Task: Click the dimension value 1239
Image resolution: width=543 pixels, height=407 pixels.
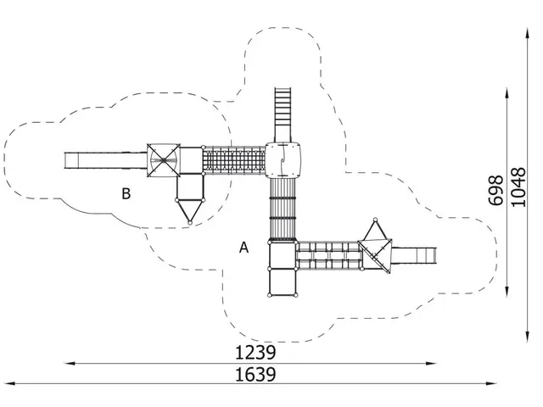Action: click(x=255, y=353)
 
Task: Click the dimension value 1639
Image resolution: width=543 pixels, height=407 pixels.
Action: click(x=255, y=375)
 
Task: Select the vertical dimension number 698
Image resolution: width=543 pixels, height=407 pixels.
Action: click(x=495, y=190)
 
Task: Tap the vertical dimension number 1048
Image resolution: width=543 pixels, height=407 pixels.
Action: click(x=518, y=187)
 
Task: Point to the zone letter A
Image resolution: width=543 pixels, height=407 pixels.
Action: click(x=244, y=248)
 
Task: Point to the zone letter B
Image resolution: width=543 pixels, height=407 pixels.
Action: click(x=126, y=194)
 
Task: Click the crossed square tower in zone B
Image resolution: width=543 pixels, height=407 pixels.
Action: click(x=164, y=160)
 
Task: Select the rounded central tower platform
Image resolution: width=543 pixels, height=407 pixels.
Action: click(x=283, y=160)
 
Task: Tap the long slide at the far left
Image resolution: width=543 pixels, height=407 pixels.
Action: click(x=105, y=160)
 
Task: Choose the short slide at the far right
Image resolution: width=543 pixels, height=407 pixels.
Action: click(x=414, y=256)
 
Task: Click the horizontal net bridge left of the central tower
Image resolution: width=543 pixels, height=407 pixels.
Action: click(x=234, y=160)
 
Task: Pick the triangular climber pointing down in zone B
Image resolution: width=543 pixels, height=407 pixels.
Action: click(x=190, y=211)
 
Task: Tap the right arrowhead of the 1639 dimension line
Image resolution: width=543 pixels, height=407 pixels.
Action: click(x=491, y=383)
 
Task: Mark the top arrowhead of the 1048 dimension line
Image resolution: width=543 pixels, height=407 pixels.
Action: click(x=528, y=34)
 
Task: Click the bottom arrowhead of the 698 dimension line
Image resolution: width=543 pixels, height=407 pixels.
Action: click(x=507, y=292)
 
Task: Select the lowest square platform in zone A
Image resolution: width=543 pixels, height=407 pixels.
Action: click(x=283, y=282)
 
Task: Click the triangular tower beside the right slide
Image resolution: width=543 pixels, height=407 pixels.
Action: click(x=376, y=249)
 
